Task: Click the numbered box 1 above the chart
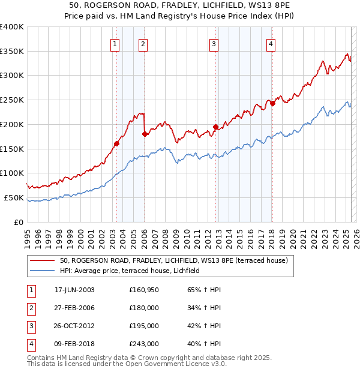[x=114, y=43]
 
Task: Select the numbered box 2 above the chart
[x=143, y=43]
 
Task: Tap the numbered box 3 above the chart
[x=214, y=43]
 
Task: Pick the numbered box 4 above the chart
[x=271, y=43]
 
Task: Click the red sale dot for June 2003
[x=116, y=143]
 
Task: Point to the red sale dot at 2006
[x=145, y=134]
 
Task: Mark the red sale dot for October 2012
[x=215, y=127]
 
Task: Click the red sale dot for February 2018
[x=272, y=103]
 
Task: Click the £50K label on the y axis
[x=14, y=197]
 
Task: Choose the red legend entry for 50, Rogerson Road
[x=174, y=260]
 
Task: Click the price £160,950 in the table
[x=144, y=289]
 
